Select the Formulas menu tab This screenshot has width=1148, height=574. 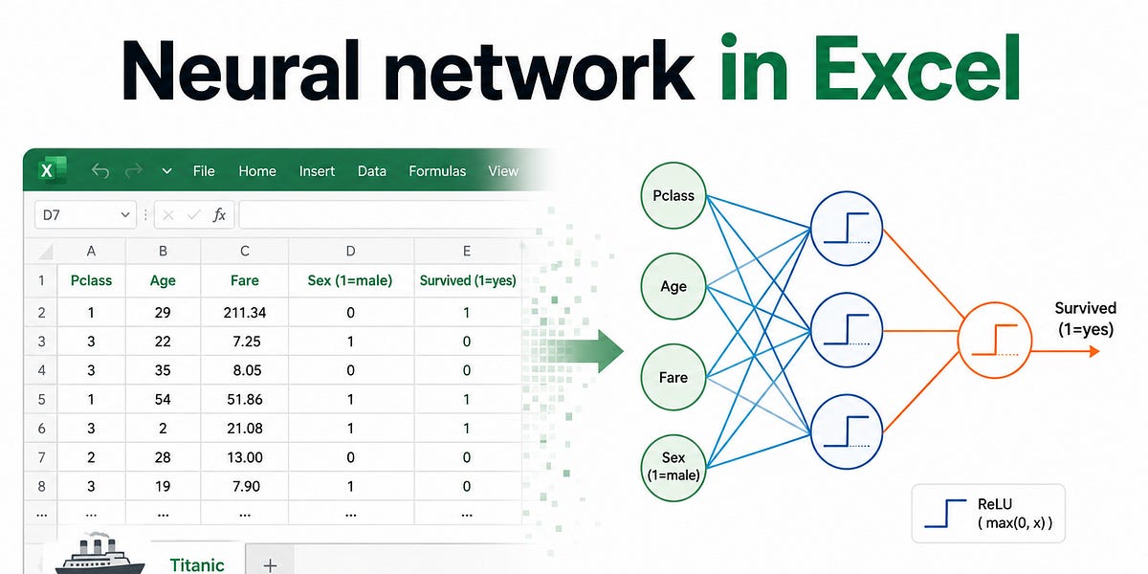pyautogui.click(x=437, y=171)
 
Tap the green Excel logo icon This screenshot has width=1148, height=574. pyautogui.click(x=53, y=170)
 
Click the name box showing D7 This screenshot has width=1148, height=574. pyautogui.click(x=85, y=214)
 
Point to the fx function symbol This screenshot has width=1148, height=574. pyautogui.click(x=219, y=214)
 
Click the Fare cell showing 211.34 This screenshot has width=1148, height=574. pyautogui.click(x=245, y=312)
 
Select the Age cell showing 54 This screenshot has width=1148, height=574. pyautogui.click(x=163, y=399)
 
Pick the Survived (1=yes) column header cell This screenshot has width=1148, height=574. pyautogui.click(x=468, y=280)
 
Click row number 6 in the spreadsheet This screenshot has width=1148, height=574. pyautogui.click(x=41, y=429)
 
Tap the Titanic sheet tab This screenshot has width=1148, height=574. pyautogui.click(x=197, y=564)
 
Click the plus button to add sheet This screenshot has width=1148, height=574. pyautogui.click(x=270, y=565)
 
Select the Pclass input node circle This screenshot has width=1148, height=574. pyautogui.click(x=673, y=195)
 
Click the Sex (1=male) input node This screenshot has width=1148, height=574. pyautogui.click(x=673, y=468)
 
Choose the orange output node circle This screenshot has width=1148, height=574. pyautogui.click(x=994, y=341)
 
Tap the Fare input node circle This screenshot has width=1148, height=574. pyautogui.click(x=673, y=377)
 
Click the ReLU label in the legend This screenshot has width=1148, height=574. pyautogui.click(x=994, y=504)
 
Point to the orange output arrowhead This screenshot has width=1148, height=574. pyautogui.click(x=1094, y=351)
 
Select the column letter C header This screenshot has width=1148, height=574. pyautogui.click(x=245, y=251)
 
